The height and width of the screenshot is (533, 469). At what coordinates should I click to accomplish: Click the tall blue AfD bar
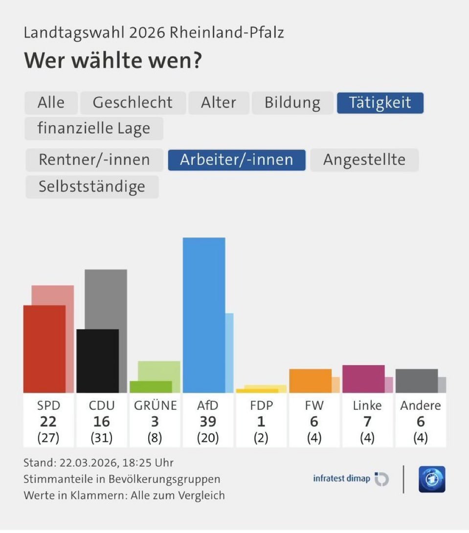(x=203, y=315)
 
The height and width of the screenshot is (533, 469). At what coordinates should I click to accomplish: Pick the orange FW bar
(x=310, y=381)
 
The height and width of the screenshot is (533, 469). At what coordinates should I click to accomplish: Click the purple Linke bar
(x=363, y=379)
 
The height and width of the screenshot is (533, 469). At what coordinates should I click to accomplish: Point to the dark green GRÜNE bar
(x=151, y=386)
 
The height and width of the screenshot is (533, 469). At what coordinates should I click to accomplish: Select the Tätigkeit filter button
(x=380, y=103)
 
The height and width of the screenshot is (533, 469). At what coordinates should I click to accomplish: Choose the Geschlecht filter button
(x=133, y=103)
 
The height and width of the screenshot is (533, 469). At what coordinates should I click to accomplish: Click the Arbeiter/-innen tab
(x=237, y=160)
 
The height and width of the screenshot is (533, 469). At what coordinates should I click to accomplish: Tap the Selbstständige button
(x=92, y=187)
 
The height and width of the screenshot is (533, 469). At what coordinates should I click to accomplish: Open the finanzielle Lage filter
(x=94, y=128)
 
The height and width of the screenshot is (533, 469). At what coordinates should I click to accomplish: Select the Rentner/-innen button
(x=94, y=160)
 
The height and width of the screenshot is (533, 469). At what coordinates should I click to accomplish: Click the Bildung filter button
(x=292, y=103)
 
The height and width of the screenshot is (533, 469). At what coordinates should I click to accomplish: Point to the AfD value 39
(x=208, y=422)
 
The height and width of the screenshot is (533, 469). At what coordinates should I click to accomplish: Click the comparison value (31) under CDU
(x=102, y=438)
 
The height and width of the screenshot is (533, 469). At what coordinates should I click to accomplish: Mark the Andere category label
(x=420, y=405)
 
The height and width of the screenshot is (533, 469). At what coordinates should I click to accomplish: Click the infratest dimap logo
(x=350, y=479)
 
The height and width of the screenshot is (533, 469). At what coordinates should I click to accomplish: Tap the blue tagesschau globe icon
(x=431, y=479)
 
